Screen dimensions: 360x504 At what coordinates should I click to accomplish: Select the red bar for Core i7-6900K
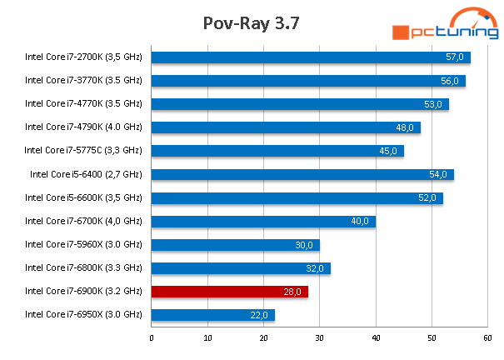click(x=229, y=291)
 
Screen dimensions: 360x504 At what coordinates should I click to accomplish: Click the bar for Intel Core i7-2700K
click(x=310, y=57)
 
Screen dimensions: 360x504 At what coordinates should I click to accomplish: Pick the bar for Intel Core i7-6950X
click(x=212, y=314)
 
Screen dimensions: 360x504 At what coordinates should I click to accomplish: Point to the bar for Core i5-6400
click(x=302, y=174)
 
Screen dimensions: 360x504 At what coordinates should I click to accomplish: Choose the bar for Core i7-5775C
click(x=277, y=151)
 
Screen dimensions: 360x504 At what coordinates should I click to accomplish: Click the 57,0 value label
click(x=455, y=57)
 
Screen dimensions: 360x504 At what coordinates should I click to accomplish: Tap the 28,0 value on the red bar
click(x=293, y=291)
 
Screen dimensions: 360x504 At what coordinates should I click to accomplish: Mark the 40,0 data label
click(x=360, y=221)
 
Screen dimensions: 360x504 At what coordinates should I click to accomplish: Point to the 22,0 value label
click(x=259, y=314)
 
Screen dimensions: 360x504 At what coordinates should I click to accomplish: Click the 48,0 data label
click(x=405, y=127)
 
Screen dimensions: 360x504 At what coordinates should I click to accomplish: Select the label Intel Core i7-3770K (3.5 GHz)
click(x=83, y=81)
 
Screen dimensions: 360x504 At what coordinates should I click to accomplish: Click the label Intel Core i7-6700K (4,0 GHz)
click(x=83, y=221)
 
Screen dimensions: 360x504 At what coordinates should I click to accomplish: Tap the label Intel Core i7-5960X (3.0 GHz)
click(x=83, y=244)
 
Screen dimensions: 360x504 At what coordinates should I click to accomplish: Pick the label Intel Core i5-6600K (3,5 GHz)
click(x=83, y=197)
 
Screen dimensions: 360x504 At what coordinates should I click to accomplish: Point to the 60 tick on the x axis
click(x=487, y=338)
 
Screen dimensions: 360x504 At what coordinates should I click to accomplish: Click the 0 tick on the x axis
click(x=152, y=338)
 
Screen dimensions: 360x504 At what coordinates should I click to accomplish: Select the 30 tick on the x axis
click(x=320, y=338)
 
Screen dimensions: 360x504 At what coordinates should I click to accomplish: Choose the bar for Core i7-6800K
click(x=241, y=267)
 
